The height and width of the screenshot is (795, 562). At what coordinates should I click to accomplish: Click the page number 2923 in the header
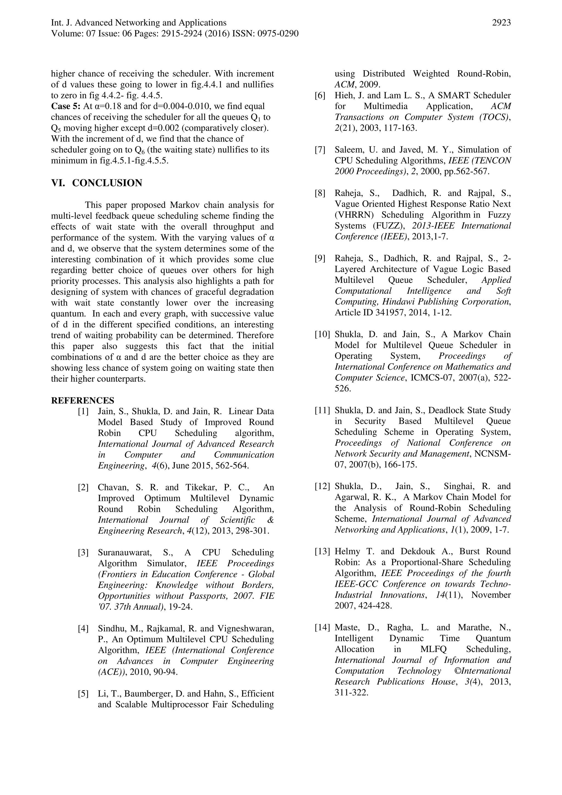(501, 23)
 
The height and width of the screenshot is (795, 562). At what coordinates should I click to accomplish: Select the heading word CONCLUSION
(107, 183)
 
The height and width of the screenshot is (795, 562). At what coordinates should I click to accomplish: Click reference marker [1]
(83, 412)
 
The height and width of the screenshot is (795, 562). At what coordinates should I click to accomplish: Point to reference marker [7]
(320, 150)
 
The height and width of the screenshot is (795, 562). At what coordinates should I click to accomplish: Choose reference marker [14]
(322, 627)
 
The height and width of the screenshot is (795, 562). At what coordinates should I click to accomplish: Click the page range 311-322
(351, 693)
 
